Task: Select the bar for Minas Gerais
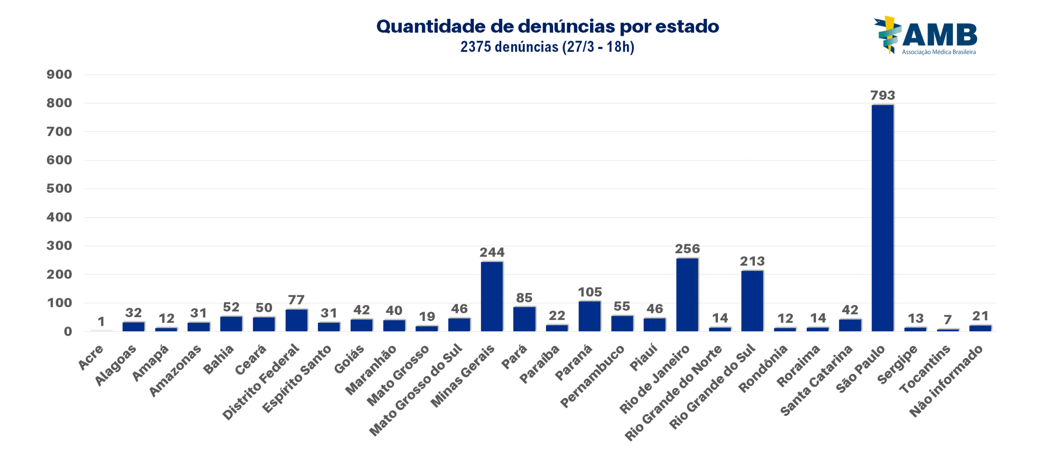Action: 491,296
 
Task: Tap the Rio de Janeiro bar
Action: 687,294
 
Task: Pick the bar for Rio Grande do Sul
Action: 752,301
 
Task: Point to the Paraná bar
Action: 589,316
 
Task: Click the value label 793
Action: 882,95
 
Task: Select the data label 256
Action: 687,249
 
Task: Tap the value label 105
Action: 590,292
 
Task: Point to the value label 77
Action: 296,300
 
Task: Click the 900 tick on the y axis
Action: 59,75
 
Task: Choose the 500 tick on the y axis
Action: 59,188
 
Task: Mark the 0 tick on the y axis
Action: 68,331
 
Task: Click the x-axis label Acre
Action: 91,357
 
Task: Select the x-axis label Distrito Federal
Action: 261,381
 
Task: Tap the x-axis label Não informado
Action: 946,381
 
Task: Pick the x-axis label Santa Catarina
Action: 816,380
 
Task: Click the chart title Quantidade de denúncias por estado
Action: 547,26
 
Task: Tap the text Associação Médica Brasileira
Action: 938,52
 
